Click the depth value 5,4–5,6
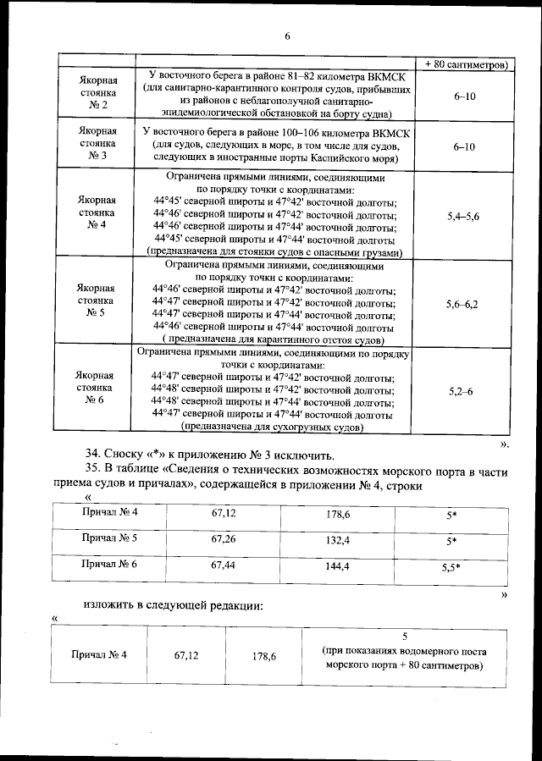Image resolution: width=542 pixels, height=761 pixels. coord(462,217)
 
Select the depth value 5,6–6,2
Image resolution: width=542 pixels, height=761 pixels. coord(462,303)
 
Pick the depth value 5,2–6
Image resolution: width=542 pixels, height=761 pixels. coord(462,391)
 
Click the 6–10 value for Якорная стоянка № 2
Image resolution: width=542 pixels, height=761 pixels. coord(464,97)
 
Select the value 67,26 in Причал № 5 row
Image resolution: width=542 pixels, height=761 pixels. coord(223,538)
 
